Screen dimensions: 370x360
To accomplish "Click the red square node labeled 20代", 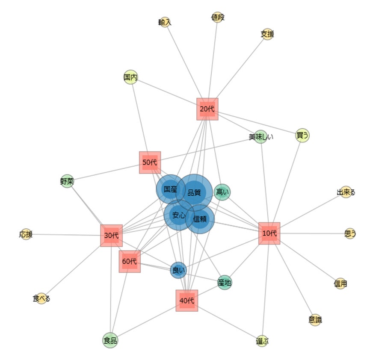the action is [x=207, y=109].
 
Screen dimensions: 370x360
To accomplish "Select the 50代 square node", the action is [x=150, y=162].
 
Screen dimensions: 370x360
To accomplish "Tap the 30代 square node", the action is [x=112, y=235].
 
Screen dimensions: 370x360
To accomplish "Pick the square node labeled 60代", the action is [x=130, y=261].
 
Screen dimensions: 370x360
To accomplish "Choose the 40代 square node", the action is [x=187, y=301].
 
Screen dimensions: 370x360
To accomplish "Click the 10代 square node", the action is [x=269, y=233].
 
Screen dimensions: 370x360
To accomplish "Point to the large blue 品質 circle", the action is [x=195, y=192].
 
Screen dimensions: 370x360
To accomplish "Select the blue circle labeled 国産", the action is [x=170, y=189].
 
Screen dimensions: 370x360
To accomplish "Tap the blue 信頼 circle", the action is [x=200, y=219].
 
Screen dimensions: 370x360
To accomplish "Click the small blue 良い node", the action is [x=178, y=270].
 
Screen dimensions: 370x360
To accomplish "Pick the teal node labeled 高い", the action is [x=222, y=192].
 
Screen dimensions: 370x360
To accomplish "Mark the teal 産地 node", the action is [x=225, y=282].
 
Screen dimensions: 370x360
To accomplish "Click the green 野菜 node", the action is [x=67, y=181].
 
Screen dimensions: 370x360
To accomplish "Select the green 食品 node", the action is [x=110, y=341].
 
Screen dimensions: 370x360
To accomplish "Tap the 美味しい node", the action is [x=261, y=137].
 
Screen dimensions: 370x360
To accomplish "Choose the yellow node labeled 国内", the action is [x=130, y=77].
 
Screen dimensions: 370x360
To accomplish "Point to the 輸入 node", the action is [x=165, y=23].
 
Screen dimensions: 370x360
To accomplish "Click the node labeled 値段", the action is [x=218, y=18].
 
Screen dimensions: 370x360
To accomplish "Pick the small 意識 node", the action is [x=315, y=320].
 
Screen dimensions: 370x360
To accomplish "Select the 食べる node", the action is [x=41, y=299].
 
